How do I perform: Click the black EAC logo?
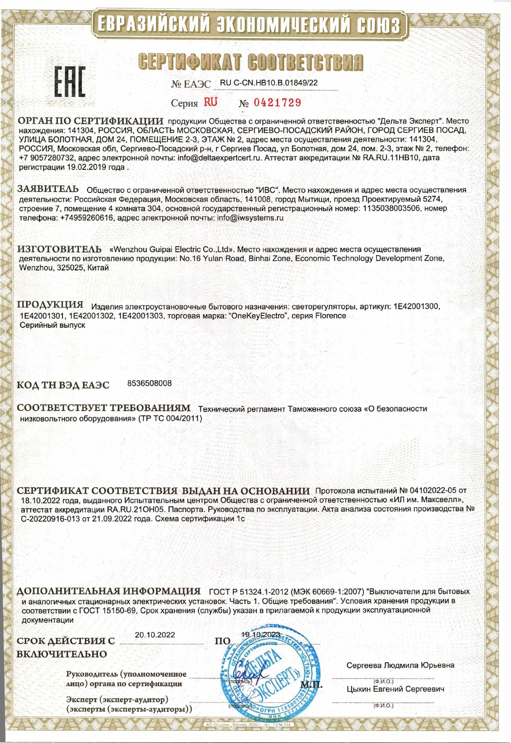[x=70, y=82]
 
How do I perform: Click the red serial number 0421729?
[x=277, y=103]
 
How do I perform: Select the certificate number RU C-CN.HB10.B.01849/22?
[x=269, y=83]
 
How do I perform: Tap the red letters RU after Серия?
[x=210, y=102]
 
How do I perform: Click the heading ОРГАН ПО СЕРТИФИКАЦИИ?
[x=90, y=122]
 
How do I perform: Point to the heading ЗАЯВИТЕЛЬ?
[x=48, y=189]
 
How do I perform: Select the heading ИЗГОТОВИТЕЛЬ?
[x=59, y=249]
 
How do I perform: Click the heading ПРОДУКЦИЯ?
[x=50, y=305]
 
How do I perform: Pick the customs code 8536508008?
[x=149, y=383]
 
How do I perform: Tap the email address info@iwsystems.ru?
[x=250, y=218]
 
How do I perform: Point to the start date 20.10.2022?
[x=155, y=635]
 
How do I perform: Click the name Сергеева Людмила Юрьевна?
[x=400, y=665]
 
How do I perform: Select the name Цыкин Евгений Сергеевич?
[x=395, y=689]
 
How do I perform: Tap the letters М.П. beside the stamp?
[x=311, y=684]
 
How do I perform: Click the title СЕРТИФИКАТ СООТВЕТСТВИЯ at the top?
[x=251, y=62]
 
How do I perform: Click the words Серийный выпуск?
[x=52, y=325]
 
